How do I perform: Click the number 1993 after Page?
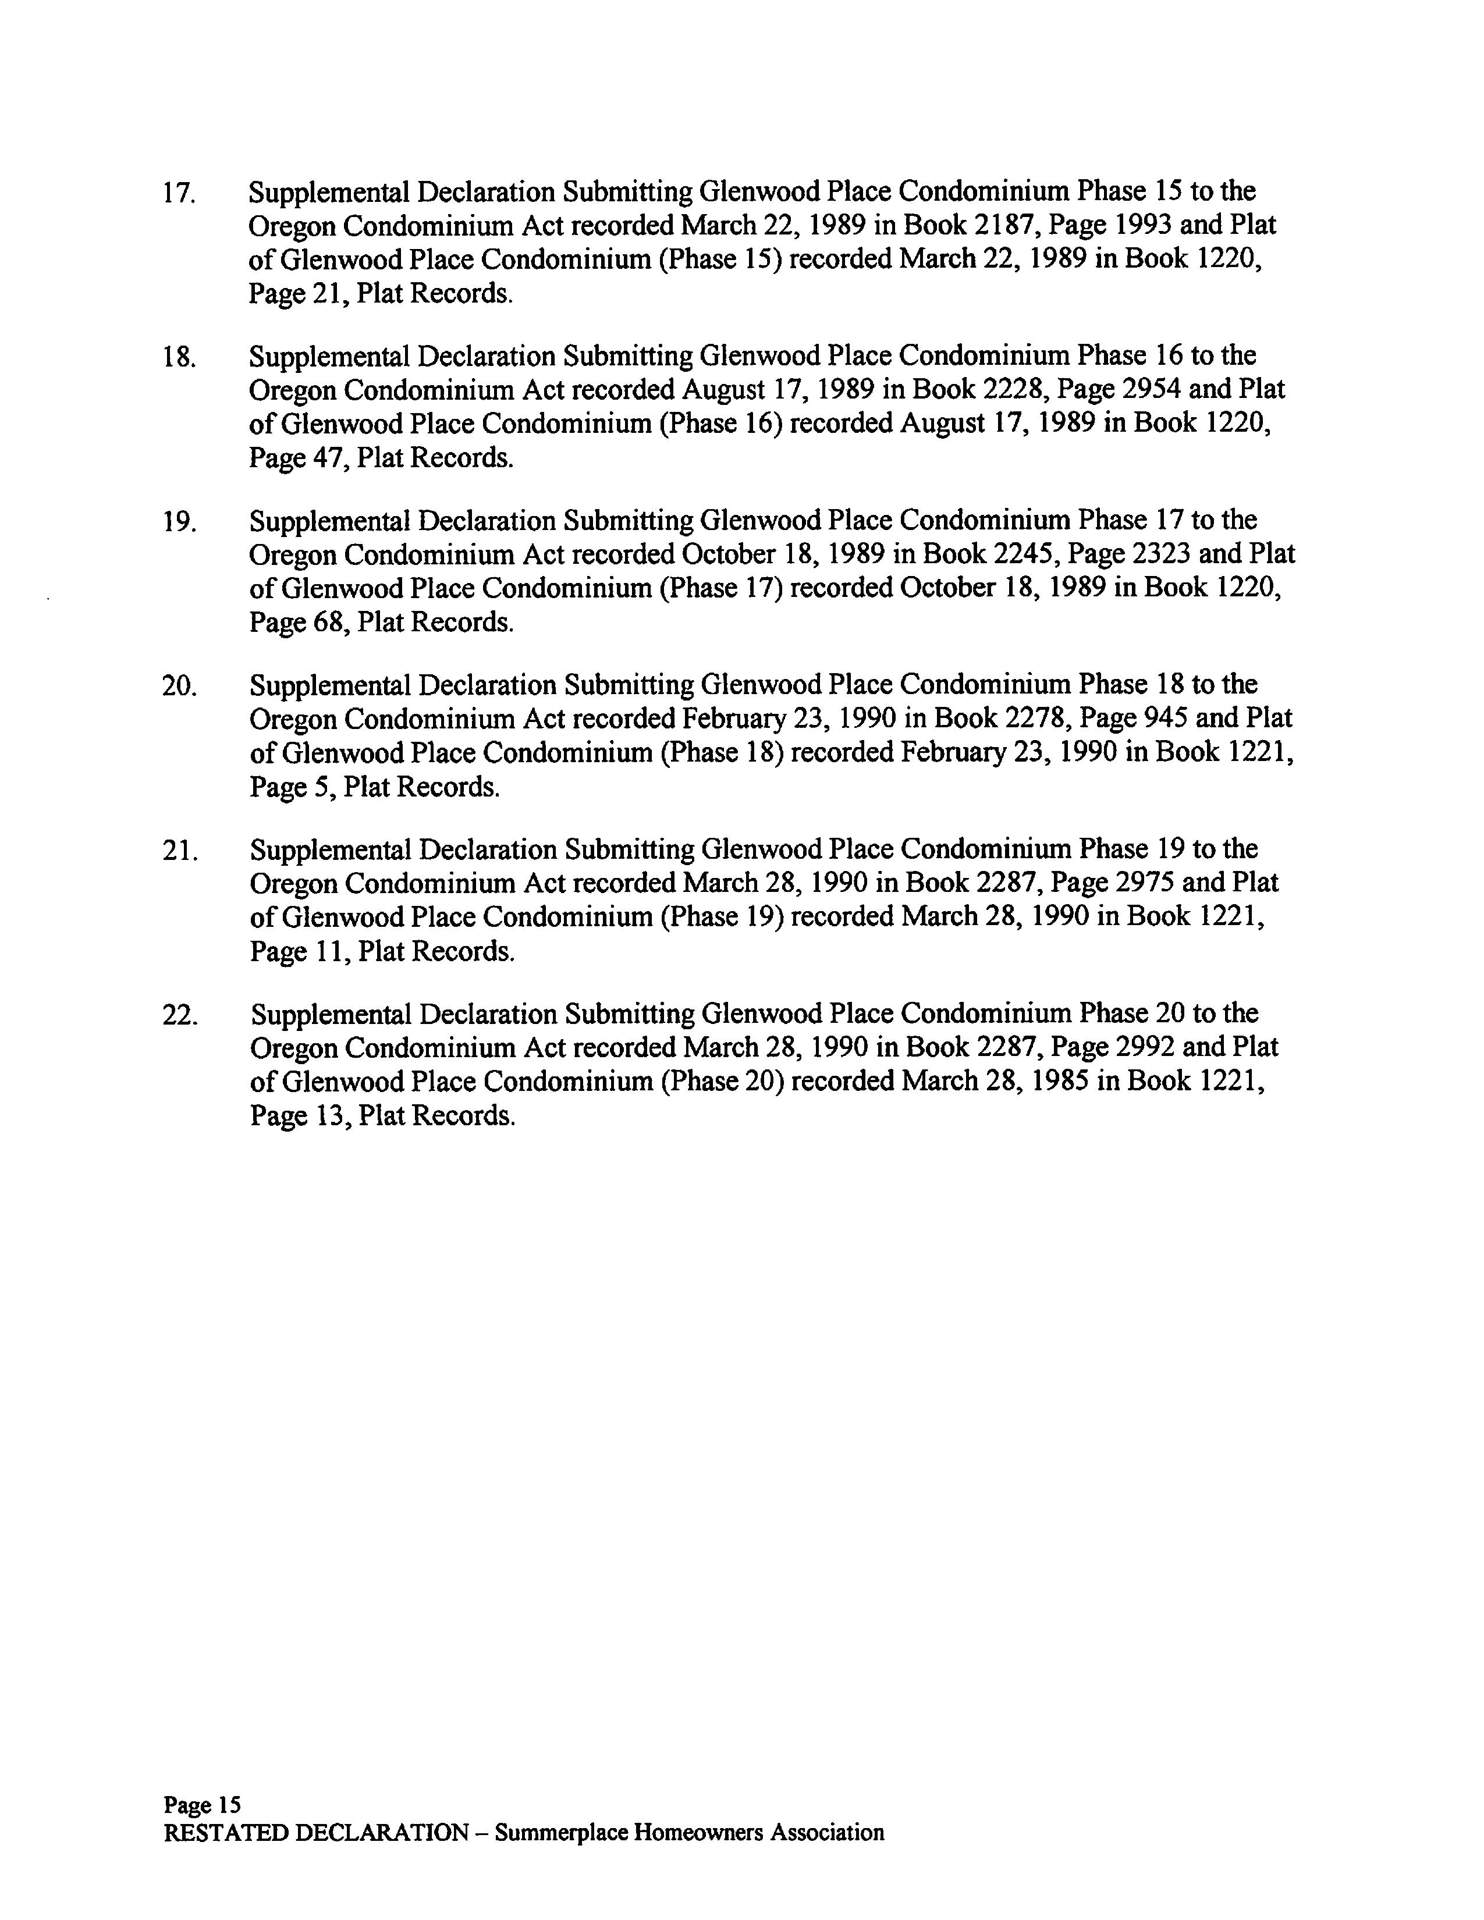(x=1143, y=226)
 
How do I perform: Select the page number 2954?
(x=1152, y=389)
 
